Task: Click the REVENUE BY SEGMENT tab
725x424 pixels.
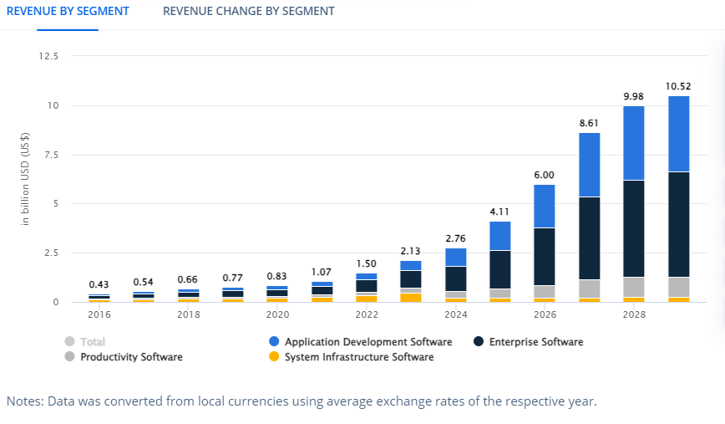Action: pos(68,12)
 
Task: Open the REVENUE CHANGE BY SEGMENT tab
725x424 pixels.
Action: pos(248,12)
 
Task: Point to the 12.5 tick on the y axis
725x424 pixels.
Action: pos(48,56)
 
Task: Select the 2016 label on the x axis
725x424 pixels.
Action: pos(99,315)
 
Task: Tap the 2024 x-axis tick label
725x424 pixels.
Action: pos(456,315)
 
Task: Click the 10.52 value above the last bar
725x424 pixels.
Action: pos(678,86)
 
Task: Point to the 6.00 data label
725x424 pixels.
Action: pos(545,175)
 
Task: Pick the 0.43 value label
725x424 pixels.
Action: pos(99,285)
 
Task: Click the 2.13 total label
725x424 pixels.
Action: pos(411,251)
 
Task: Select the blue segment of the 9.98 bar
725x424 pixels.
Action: pos(634,143)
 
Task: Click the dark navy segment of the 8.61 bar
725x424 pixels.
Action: pos(590,238)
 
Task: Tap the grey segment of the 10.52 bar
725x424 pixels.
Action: pos(678,287)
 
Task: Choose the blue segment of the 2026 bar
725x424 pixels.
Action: pos(545,206)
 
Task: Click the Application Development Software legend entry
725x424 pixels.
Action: pos(368,342)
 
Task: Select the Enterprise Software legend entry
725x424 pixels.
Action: pos(535,342)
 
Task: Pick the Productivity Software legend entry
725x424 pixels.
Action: pos(130,357)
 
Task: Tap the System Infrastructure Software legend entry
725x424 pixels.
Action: pos(358,357)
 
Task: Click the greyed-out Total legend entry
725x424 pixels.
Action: pos(93,342)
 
